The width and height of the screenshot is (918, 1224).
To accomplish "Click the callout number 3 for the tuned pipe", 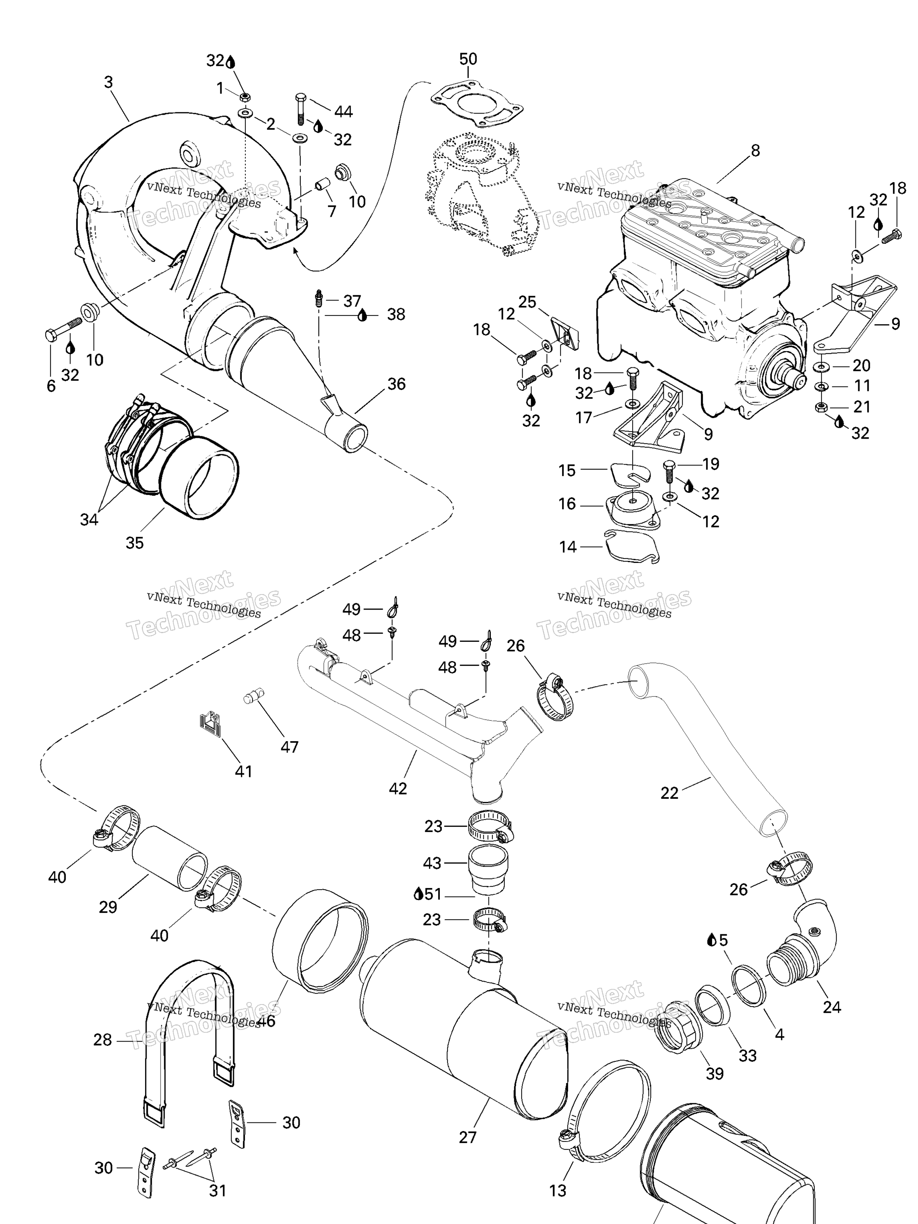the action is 108,82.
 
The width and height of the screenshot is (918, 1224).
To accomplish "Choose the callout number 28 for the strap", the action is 102,1040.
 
